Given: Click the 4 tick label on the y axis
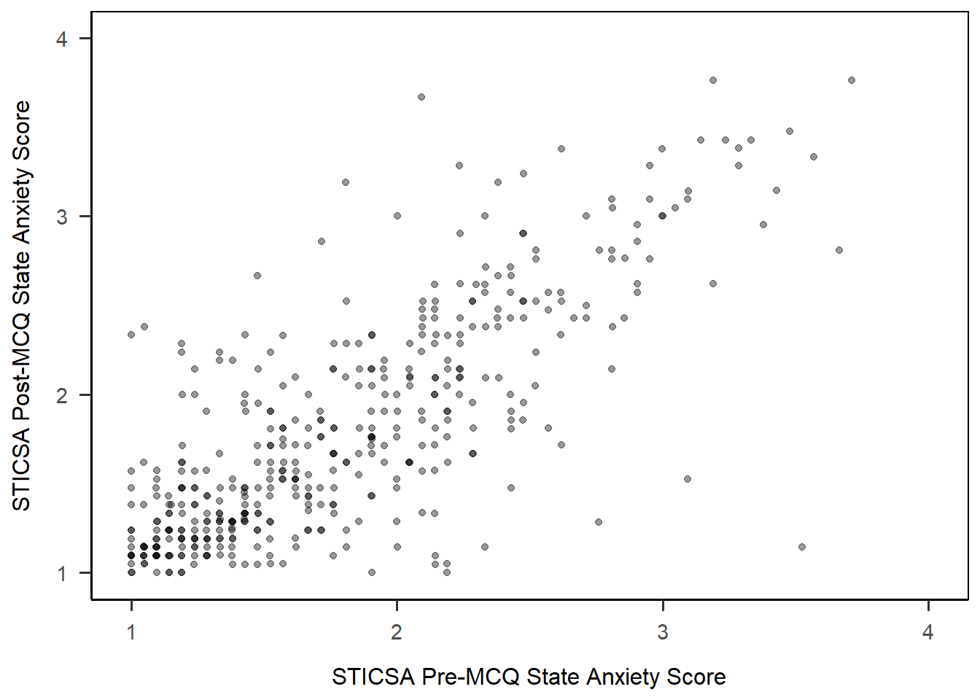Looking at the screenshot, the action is (62, 39).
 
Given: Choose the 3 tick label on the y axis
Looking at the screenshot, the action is (62, 217).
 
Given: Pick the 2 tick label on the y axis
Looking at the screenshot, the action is (62, 394).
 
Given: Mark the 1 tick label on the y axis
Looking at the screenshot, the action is (62, 572).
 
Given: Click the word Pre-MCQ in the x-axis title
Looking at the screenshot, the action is (470, 677).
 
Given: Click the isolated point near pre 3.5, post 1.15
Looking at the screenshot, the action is (802, 547).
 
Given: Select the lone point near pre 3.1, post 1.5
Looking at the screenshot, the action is (688, 479).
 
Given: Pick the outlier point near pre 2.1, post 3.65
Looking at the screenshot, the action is (421, 97).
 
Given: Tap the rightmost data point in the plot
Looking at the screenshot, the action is (852, 80).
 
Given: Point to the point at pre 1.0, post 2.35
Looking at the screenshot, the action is (131, 335).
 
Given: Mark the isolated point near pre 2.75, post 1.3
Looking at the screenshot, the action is (599, 522).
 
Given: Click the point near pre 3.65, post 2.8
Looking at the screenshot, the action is (839, 250).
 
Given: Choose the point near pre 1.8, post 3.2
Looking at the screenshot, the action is (346, 182).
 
